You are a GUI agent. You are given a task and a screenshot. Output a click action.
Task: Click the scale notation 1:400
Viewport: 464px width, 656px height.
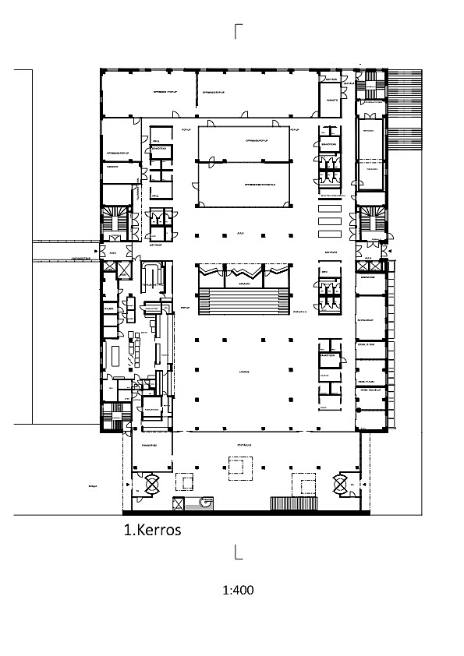238,590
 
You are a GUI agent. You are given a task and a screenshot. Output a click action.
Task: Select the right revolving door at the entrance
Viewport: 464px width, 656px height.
340,485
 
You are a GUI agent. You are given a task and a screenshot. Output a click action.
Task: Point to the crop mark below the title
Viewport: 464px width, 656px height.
238,554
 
